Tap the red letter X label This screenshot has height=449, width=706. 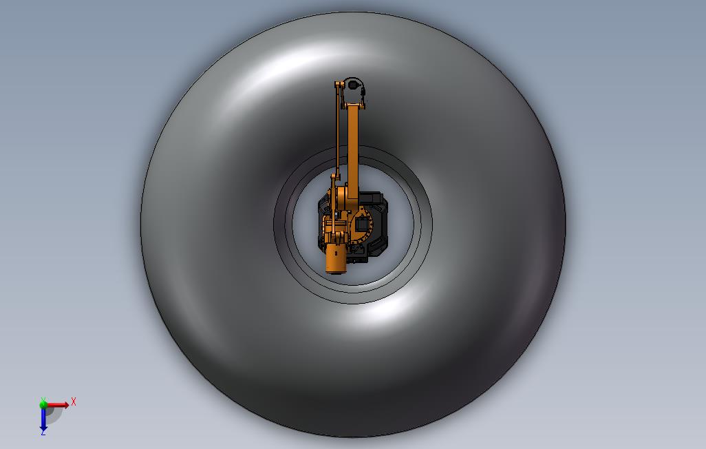click(74, 401)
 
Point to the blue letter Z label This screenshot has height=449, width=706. click(43, 432)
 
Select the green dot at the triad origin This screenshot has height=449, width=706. click(43, 404)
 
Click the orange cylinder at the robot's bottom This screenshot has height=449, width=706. click(336, 258)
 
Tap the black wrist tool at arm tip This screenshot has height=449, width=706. click(352, 84)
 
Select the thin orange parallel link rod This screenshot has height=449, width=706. click(337, 131)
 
